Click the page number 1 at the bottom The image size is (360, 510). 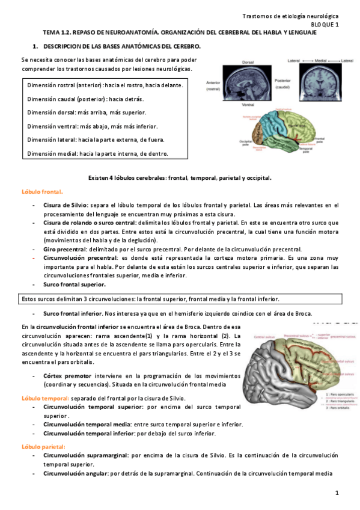(337, 493)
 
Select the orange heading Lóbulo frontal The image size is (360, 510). (42, 191)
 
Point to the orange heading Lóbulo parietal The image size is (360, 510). (43, 446)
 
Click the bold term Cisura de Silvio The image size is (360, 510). (65, 205)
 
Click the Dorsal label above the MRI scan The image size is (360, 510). (248, 63)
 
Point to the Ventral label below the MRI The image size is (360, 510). (248, 104)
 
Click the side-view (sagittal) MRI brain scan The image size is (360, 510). (248, 83)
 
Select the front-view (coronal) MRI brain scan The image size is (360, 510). (321, 82)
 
